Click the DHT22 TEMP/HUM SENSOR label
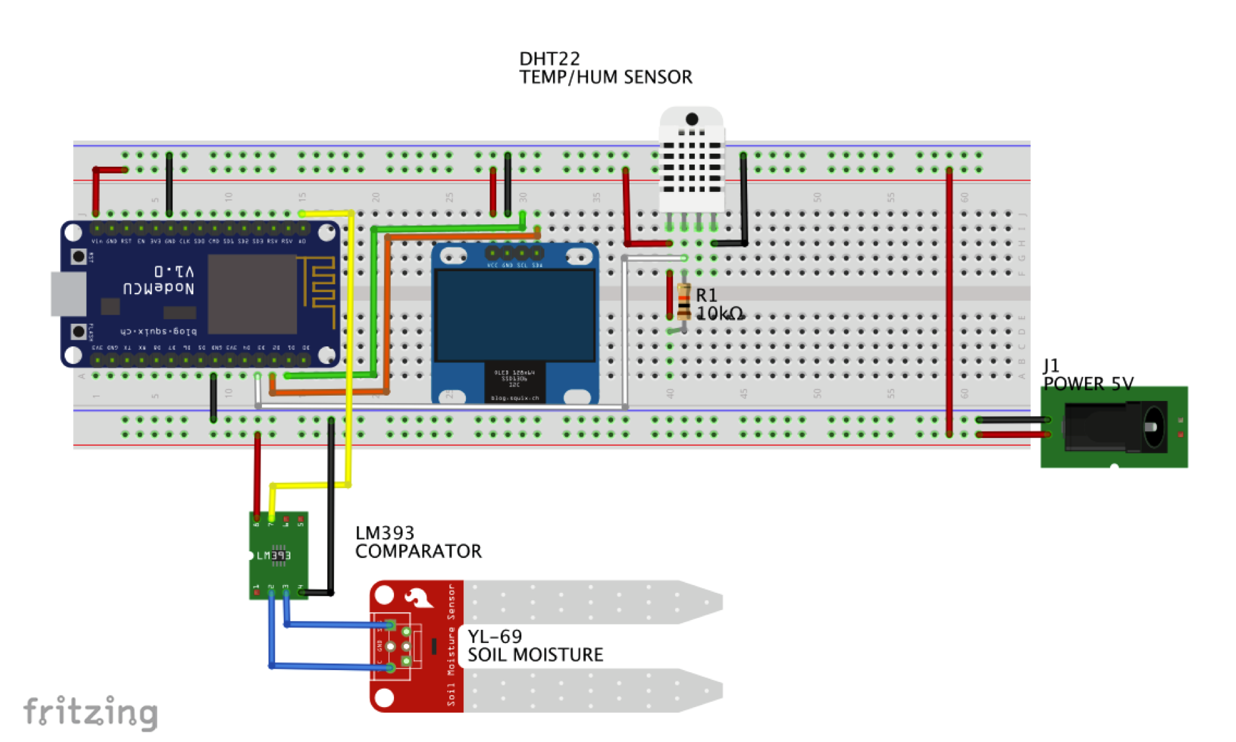[604, 68]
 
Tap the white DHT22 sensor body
[691, 165]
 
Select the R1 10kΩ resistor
[684, 302]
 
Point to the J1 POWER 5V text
[1087, 375]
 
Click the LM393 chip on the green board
[278, 555]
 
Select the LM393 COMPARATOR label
[418, 542]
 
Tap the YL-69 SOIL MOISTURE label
[535, 646]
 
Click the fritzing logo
[90, 712]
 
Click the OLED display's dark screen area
[515, 315]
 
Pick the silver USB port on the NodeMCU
[69, 294]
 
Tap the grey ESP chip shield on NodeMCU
[252, 294]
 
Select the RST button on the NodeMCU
[79, 256]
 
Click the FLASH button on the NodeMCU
[79, 331]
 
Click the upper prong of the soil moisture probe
[594, 602]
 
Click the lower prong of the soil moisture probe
[594, 691]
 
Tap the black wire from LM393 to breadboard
[331, 508]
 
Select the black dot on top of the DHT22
[692, 119]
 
